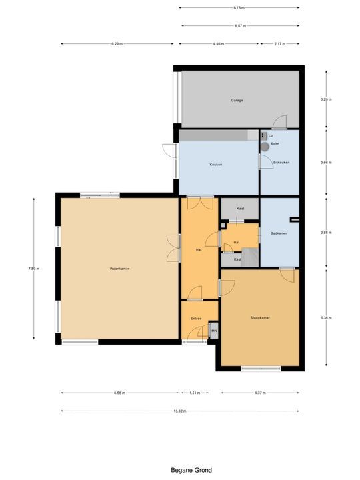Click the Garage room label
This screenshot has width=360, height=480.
(237, 101)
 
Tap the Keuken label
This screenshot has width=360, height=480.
(215, 164)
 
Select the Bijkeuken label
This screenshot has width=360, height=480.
(280, 162)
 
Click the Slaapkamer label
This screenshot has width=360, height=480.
(260, 318)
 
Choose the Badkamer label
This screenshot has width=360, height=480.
(279, 233)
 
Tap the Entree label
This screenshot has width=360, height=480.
(196, 319)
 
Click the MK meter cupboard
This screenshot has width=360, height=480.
(214, 331)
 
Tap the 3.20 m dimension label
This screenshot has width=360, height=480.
(325, 99)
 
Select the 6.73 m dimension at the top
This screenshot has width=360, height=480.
(239, 8)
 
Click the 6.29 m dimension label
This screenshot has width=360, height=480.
(116, 44)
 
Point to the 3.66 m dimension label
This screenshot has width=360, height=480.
(325, 162)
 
